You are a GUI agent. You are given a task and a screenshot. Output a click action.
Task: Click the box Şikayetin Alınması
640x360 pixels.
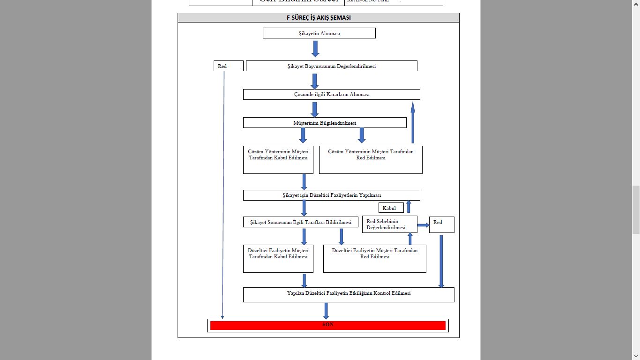(319, 33)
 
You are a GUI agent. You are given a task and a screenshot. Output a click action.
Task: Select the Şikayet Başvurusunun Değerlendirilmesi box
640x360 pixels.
(331, 66)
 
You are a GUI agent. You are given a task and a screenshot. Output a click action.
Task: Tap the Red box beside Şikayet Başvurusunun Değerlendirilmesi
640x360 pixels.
(228, 66)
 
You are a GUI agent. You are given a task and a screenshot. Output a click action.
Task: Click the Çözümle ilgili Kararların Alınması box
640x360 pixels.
(331, 95)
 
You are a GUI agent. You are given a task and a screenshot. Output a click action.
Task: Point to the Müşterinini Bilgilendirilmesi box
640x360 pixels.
(324, 123)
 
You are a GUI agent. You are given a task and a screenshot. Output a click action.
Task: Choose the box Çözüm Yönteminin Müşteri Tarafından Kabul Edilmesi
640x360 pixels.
(278, 160)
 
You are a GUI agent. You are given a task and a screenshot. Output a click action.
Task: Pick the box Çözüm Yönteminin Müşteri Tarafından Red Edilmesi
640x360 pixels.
(371, 160)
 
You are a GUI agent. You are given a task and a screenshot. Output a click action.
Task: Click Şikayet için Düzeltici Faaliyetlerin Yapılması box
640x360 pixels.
(331, 195)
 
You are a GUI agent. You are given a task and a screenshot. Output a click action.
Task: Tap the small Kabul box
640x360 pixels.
(391, 208)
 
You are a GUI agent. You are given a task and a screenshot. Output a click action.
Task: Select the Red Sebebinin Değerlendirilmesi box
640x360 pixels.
(389, 225)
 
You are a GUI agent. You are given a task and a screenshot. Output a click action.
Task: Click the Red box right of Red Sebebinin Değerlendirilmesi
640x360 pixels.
(441, 225)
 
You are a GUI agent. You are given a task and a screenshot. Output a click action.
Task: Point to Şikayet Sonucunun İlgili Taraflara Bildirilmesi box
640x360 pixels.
(300, 222)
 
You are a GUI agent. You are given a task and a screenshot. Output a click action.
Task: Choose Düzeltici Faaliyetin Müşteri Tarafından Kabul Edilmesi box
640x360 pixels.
(278, 258)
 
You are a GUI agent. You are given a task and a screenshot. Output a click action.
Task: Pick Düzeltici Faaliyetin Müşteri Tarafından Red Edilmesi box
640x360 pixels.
(374, 258)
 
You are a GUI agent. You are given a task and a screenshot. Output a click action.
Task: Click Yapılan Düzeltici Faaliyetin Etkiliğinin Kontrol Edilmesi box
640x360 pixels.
(349, 295)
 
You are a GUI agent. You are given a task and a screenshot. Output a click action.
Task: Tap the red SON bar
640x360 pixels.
(327, 325)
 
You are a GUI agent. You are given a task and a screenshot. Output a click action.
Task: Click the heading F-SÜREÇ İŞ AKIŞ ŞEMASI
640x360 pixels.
(318, 18)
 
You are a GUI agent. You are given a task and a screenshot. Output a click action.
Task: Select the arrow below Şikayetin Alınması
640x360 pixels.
(315, 49)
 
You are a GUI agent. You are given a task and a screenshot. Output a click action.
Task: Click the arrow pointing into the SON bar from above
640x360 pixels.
(326, 311)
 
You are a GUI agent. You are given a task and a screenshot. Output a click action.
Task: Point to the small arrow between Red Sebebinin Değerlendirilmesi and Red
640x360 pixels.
(423, 225)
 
